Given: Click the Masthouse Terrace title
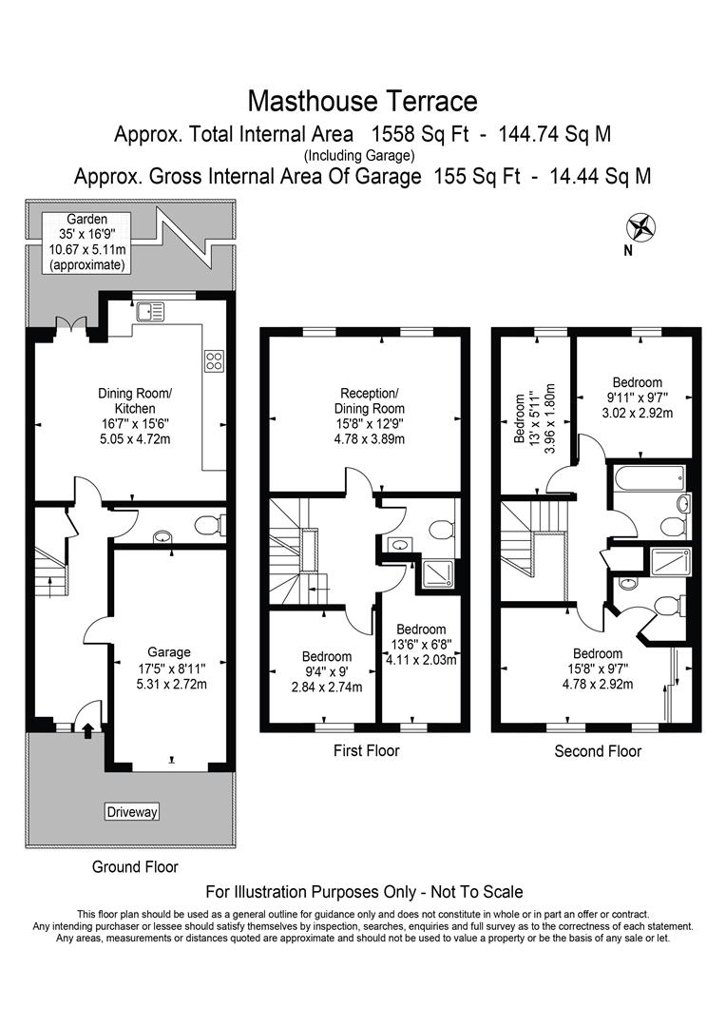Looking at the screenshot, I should coord(362,100).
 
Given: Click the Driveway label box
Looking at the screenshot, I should coord(131,812).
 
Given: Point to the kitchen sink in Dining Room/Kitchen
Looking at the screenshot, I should coord(150,310).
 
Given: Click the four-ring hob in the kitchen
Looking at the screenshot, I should coord(214,360).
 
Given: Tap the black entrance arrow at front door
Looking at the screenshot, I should coord(88,730).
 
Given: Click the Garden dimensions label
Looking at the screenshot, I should coord(86,242).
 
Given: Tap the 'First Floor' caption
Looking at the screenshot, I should coord(366,750).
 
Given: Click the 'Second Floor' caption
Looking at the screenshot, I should coord(598,751).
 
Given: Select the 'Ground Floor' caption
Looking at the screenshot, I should coord(135,866).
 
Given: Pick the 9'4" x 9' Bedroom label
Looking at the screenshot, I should coord(327,671).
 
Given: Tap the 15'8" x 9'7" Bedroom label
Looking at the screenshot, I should coord(598,669).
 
